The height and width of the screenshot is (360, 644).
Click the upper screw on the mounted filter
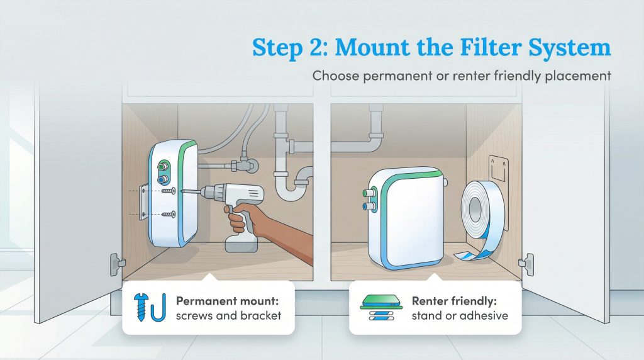point(168,189)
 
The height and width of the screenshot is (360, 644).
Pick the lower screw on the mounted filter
point(168,214)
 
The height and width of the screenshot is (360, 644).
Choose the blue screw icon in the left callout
point(140,306)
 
